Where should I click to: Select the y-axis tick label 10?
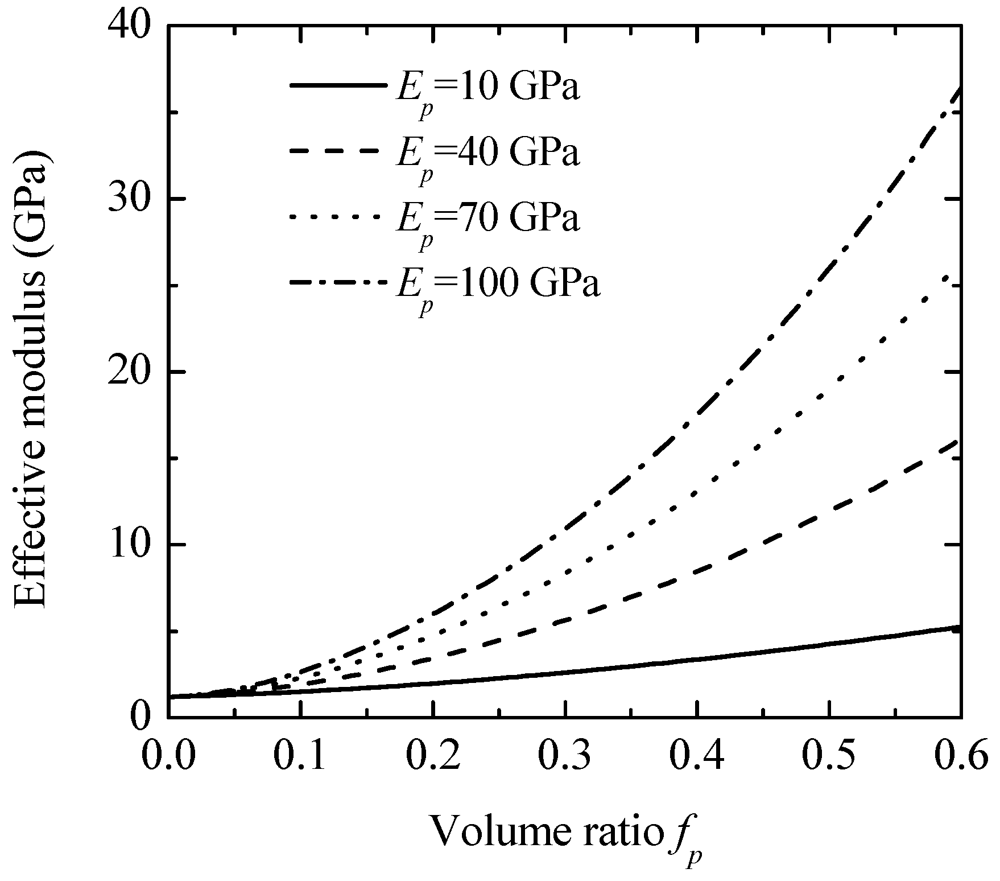pyautogui.click(x=131, y=545)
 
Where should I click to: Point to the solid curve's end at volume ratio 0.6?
pyautogui.click(x=959, y=627)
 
